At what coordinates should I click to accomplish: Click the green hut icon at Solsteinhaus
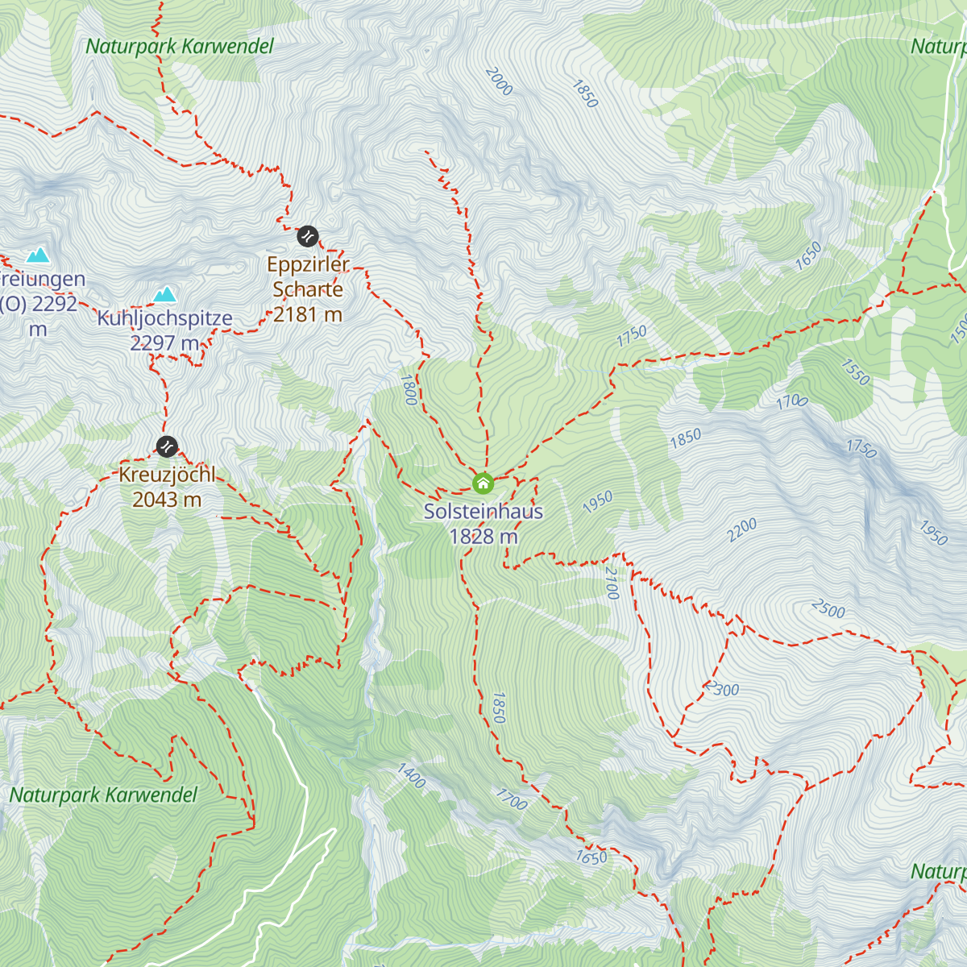[483, 483]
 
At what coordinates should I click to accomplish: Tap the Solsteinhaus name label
[483, 512]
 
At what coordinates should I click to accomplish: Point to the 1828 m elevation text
[483, 537]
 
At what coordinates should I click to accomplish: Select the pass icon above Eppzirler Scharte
[308, 236]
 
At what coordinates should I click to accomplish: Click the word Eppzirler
[308, 264]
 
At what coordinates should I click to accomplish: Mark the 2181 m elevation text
[308, 314]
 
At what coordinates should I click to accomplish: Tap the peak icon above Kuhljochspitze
[165, 293]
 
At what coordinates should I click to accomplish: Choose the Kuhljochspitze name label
[165, 318]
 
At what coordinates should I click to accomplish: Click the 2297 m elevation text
[165, 343]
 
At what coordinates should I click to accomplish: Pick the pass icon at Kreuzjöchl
[167, 446]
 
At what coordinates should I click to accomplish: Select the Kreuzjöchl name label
[167, 475]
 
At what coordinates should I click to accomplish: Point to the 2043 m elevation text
[167, 500]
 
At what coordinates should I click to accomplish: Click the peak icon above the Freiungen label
[37, 255]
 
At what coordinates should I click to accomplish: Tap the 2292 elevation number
[55, 305]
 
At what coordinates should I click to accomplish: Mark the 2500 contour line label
[828, 609]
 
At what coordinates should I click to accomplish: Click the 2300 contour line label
[722, 690]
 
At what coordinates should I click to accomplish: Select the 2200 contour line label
[742, 529]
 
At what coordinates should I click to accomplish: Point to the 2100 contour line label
[612, 583]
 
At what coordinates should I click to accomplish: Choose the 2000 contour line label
[499, 81]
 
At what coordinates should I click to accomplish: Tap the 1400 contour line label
[411, 775]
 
